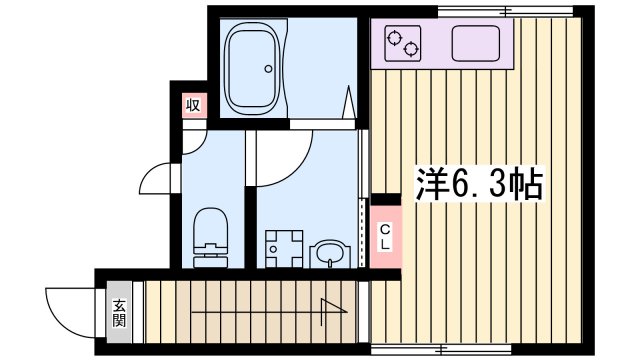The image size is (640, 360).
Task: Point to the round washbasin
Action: (327, 255)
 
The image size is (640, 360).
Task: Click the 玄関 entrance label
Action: (120, 314)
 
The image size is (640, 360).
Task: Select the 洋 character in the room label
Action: (431, 184)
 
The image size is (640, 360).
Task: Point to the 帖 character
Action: (525, 184)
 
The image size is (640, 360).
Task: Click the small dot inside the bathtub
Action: (268, 69)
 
